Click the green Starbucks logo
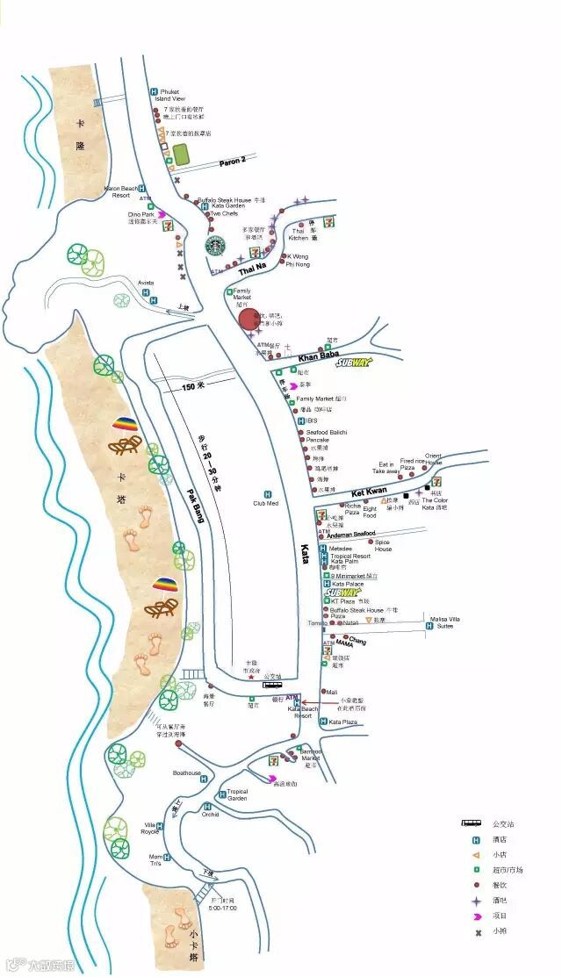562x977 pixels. pyautogui.click(x=216, y=245)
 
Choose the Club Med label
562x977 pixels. pyautogui.click(x=266, y=503)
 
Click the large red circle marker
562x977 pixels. pyautogui.click(x=250, y=321)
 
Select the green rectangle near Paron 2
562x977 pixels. pyautogui.click(x=182, y=154)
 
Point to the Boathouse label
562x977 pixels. pyautogui.click(x=186, y=773)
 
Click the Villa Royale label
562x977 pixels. pyautogui.click(x=150, y=829)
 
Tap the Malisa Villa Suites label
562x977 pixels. pyautogui.click(x=443, y=622)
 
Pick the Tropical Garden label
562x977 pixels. pyautogui.click(x=237, y=795)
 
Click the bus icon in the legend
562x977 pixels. pyautogui.click(x=472, y=823)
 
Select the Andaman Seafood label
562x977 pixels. pyautogui.click(x=352, y=533)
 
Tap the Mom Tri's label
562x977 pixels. pyautogui.click(x=155, y=860)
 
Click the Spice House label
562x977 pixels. pyautogui.click(x=383, y=546)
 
